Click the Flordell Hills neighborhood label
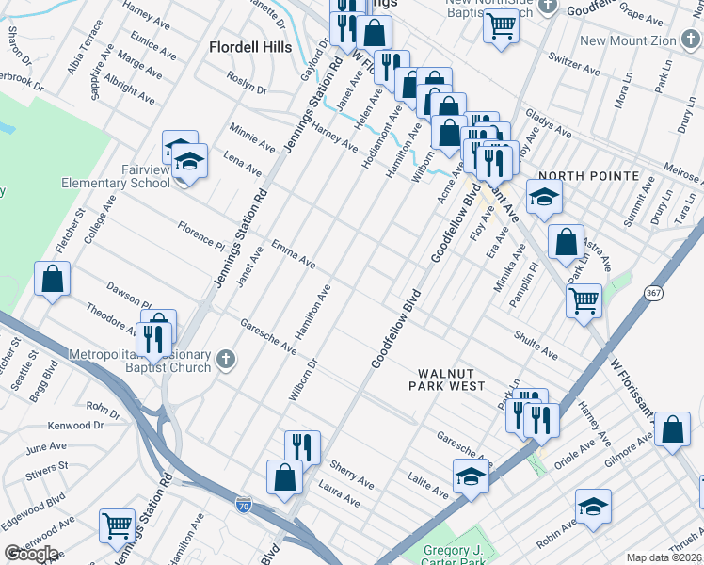tap(249, 47)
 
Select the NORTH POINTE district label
tap(588, 176)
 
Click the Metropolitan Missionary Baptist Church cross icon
tap(224, 358)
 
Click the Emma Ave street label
tap(293, 253)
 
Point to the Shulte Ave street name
tap(536, 344)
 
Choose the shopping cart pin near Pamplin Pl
tap(584, 301)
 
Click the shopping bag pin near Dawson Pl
tap(52, 279)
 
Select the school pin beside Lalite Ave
tap(471, 477)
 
